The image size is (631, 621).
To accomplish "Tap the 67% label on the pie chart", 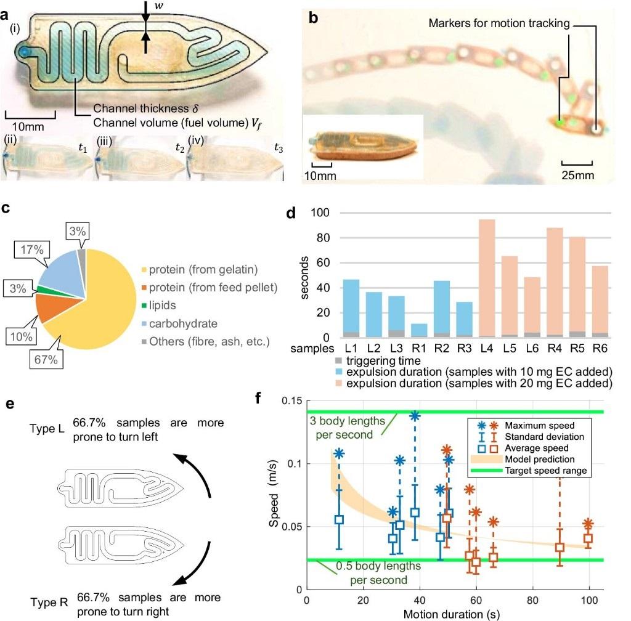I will [x=45, y=360].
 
